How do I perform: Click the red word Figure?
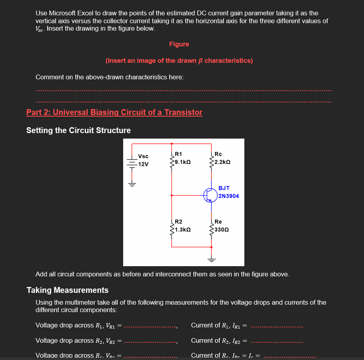[179, 44]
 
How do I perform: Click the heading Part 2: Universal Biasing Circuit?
[114, 112]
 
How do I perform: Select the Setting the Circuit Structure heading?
[78, 130]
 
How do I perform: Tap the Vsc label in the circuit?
[143, 156]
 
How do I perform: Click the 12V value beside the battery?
[144, 164]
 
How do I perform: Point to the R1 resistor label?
[178, 154]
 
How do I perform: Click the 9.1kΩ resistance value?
[183, 162]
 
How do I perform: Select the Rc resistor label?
[218, 154]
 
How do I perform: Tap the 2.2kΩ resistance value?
[222, 162]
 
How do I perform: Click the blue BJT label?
[224, 188]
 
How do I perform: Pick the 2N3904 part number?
[229, 196]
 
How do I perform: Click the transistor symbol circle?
[210, 195]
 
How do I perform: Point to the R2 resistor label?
[178, 222]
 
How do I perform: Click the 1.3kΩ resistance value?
[183, 230]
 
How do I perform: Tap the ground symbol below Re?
[212, 259]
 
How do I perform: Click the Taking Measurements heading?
[67, 290]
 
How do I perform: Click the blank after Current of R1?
[277, 326]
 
